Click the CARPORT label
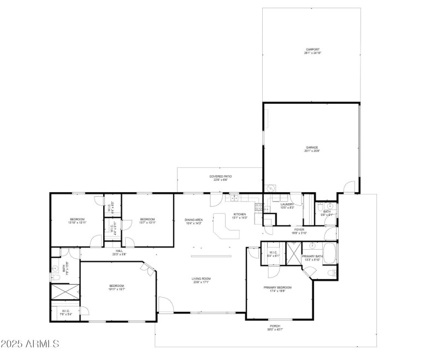[312, 49]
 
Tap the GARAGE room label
[311, 147]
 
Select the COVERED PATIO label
[221, 176]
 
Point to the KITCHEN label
[240, 214]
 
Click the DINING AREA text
[193, 220]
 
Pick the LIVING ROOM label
[201, 279]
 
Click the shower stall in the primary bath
[294, 253]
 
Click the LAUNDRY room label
[287, 205]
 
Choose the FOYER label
[299, 229]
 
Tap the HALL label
[119, 251]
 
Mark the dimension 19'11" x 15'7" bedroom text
[116, 289]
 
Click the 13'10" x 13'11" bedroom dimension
[77, 222]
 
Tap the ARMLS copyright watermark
[30, 344]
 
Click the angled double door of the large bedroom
[148, 267]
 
